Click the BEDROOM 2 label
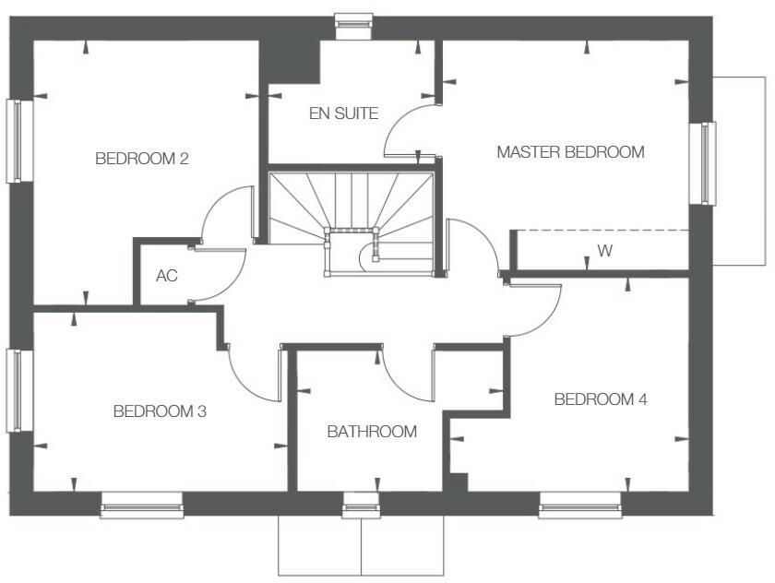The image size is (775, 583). (142, 159)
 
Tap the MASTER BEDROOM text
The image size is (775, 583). (570, 152)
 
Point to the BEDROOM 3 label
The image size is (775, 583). (160, 411)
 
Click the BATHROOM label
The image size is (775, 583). (372, 432)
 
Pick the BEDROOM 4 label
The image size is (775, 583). (601, 400)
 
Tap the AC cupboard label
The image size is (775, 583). (166, 276)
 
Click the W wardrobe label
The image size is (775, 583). (604, 251)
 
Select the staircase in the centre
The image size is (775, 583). (351, 222)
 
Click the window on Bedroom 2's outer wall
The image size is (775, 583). (18, 141)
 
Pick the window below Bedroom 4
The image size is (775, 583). (579, 504)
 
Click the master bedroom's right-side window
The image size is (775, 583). (707, 163)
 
